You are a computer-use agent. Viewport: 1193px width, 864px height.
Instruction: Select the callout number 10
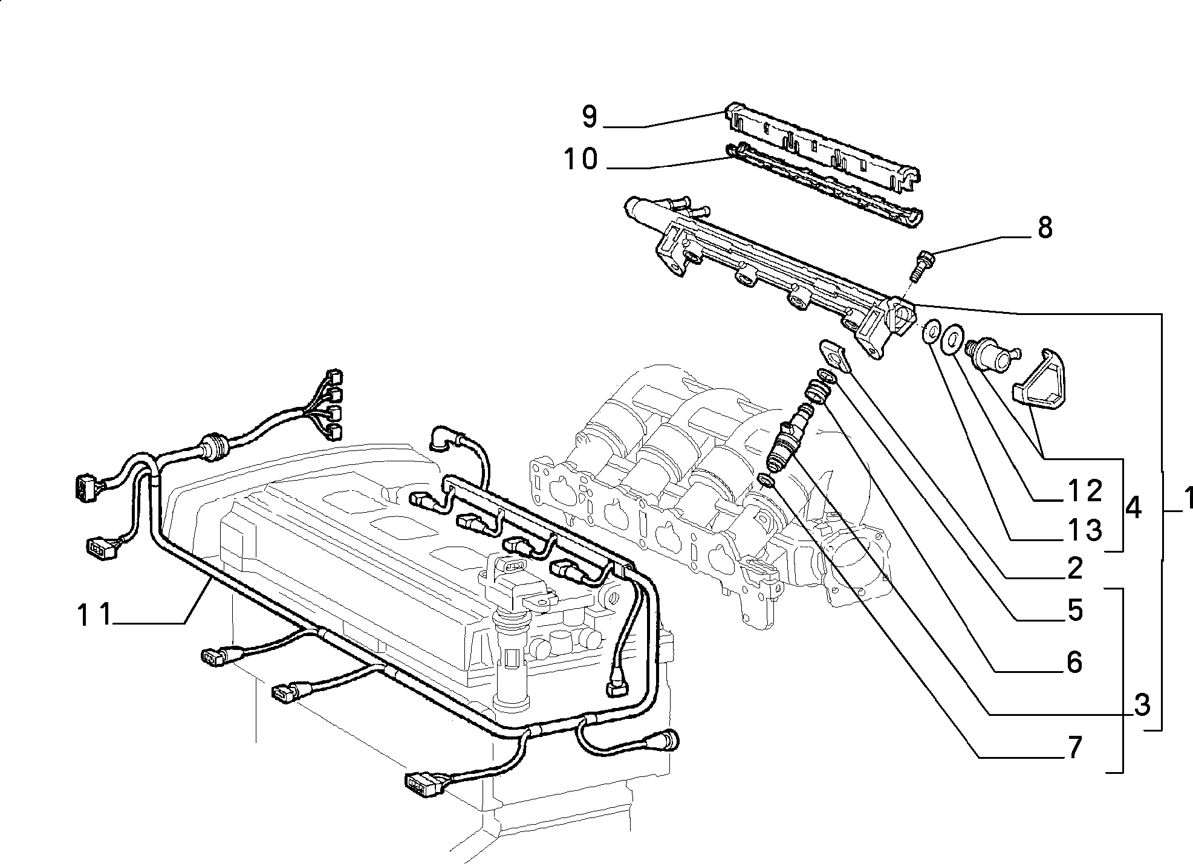580,159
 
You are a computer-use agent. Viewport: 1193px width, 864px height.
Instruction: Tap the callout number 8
1044,228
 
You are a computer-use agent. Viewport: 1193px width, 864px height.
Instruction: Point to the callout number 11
95,615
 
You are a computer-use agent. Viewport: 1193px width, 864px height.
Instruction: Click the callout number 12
1084,492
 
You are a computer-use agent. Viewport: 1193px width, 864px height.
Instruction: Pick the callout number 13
1084,530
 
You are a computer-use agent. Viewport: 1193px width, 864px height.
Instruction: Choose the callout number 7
1074,749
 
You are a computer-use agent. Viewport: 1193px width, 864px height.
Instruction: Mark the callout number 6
1074,663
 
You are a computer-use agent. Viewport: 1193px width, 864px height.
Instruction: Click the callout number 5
1074,611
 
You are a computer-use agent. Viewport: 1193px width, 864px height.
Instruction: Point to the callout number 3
1141,705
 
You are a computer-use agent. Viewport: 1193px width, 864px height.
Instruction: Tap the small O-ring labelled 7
766,480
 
